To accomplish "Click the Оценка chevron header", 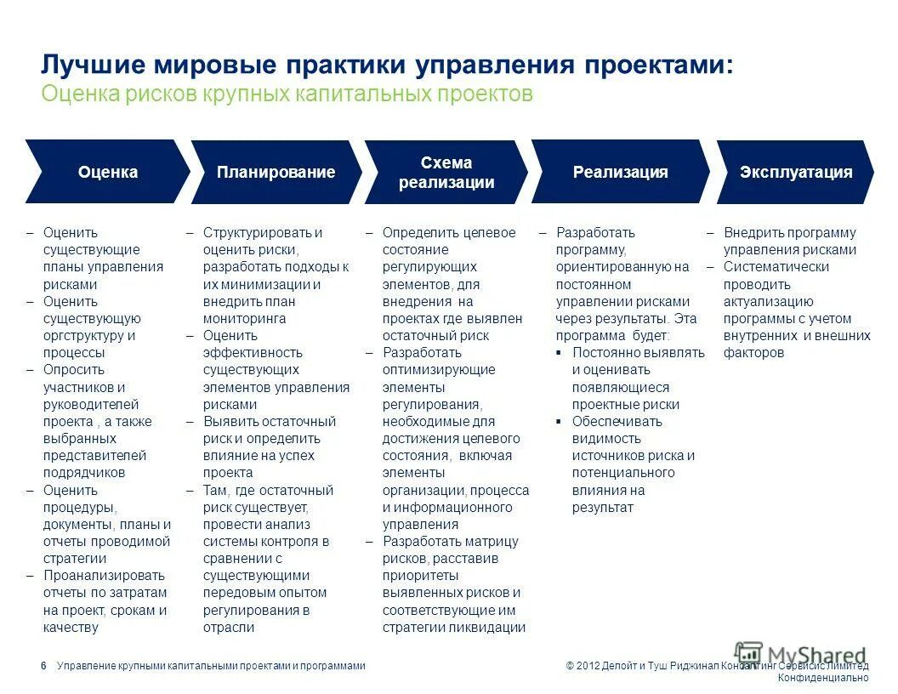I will [108, 172].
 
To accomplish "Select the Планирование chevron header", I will [276, 172].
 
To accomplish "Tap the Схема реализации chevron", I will [446, 172].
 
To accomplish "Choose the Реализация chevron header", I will [620, 172].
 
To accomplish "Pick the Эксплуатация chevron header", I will [795, 172].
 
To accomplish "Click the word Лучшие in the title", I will [91, 65].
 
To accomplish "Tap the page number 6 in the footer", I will [43, 666].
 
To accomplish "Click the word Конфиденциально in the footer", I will [823, 678].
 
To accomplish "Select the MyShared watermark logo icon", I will [748, 653].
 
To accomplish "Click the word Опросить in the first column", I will [73, 370].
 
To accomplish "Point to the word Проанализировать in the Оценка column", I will [104, 576].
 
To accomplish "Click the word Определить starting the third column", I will [421, 232].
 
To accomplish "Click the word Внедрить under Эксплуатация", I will [753, 232].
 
